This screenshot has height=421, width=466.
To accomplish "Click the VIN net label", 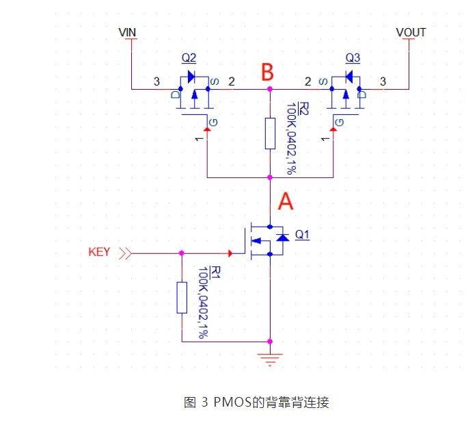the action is pyautogui.click(x=127, y=32).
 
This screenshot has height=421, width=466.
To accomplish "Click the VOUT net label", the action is pyautogui.click(x=411, y=32).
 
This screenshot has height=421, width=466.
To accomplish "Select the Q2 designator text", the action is pyautogui.click(x=189, y=58).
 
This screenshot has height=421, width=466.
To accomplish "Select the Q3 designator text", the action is pyautogui.click(x=353, y=58).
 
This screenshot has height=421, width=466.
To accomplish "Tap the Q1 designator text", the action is pyautogui.click(x=302, y=235).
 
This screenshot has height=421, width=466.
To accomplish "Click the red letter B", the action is pyautogui.click(x=267, y=72).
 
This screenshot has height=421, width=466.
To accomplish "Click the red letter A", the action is pyautogui.click(x=286, y=201).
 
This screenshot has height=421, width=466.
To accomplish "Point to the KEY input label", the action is pyautogui.click(x=99, y=252).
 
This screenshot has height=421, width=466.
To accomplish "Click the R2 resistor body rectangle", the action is pyautogui.click(x=270, y=133).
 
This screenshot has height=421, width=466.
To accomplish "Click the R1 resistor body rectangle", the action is pyautogui.click(x=182, y=298).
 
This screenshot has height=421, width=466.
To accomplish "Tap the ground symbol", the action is pyautogui.click(x=270, y=359).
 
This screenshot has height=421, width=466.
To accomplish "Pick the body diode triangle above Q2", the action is pyautogui.click(x=191, y=77).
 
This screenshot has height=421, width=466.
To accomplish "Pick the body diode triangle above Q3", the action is pyautogui.click(x=349, y=77).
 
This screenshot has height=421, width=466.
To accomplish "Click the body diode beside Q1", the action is pyautogui.click(x=282, y=238).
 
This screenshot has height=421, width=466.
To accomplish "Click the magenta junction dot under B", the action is pyautogui.click(x=270, y=89).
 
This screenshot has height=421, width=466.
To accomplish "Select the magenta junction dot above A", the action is pyautogui.click(x=270, y=177).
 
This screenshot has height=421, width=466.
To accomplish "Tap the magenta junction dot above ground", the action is pyautogui.click(x=270, y=342).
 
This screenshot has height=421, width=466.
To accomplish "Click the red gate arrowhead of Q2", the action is pyautogui.click(x=207, y=129).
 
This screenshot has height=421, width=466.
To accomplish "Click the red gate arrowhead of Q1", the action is pyautogui.click(x=230, y=253).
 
